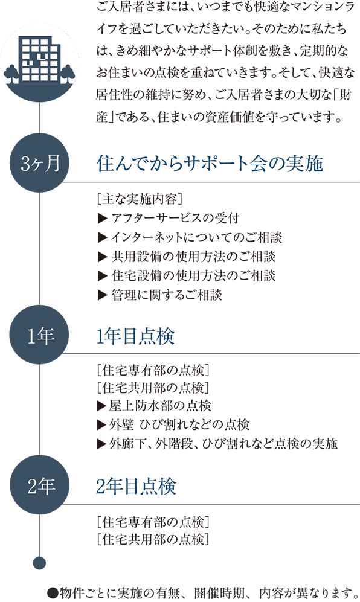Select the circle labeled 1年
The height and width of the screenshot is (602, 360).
40,336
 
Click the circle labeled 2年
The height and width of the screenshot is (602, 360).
40,486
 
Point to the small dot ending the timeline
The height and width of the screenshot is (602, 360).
40,563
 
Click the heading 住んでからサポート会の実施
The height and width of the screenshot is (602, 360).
210,164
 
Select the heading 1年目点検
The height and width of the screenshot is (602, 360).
135,336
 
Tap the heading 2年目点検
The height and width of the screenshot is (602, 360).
136,487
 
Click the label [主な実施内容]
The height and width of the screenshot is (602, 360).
140,199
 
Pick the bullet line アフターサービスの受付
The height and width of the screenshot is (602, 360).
169,218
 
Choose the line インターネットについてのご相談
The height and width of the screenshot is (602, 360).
190,237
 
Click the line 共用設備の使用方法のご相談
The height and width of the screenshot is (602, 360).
187,257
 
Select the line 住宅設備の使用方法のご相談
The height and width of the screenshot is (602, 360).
187,276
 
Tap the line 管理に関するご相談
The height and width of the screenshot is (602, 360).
160,295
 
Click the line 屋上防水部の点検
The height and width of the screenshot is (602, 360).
155,405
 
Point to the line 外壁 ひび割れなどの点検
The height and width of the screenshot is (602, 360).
174,424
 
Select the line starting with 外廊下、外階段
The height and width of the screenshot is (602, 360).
217,444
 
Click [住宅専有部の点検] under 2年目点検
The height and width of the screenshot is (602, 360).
153,522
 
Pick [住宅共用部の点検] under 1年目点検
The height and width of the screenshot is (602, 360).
153,388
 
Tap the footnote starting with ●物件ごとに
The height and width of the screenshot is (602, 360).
203,593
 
